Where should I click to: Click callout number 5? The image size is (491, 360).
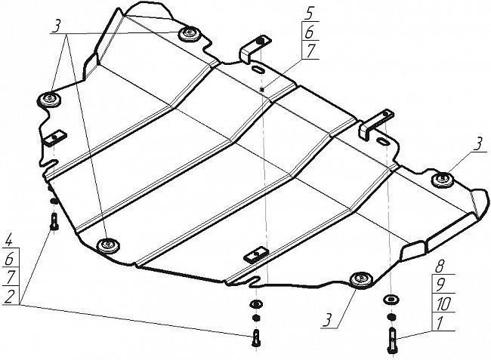[310, 14]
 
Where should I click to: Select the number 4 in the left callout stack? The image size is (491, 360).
[9, 241]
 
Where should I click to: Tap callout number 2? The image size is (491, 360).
[9, 296]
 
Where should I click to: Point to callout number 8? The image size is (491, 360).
[440, 266]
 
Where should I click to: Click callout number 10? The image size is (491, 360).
[443, 304]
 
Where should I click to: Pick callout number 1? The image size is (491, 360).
[440, 324]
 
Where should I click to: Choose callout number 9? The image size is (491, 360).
[440, 285]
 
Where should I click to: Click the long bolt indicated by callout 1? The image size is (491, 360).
[392, 340]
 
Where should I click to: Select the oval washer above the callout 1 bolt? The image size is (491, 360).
[391, 300]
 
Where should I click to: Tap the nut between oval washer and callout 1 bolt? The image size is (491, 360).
[391, 317]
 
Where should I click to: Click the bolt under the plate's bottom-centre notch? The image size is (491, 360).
[257, 337]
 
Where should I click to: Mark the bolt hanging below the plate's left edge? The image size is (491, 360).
[54, 221]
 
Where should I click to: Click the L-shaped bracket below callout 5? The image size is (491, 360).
[255, 48]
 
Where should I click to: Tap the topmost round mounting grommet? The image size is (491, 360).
[190, 33]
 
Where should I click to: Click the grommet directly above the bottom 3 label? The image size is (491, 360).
[361, 280]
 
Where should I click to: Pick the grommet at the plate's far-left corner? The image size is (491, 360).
[49, 100]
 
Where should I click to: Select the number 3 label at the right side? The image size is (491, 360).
[478, 146]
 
